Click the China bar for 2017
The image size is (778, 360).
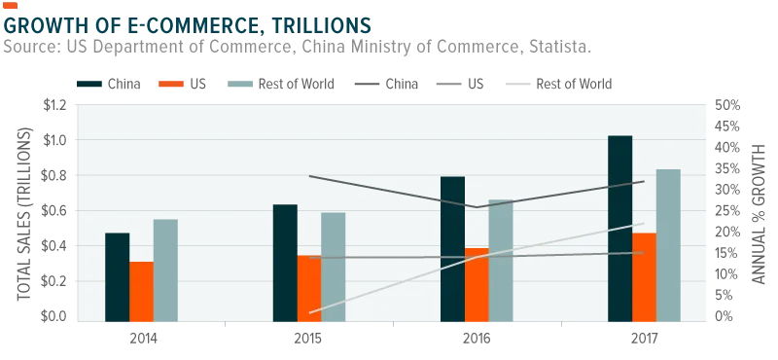pyautogui.click(x=619, y=229)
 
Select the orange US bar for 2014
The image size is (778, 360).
pyautogui.click(x=141, y=292)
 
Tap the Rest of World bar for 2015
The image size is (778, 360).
pyautogui.click(x=333, y=267)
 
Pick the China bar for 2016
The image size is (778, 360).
pyautogui.click(x=452, y=249)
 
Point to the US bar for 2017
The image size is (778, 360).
pyautogui.click(x=644, y=277)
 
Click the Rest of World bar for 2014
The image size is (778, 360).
pyautogui.click(x=165, y=270)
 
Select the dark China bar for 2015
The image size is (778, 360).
pyautogui.click(x=285, y=263)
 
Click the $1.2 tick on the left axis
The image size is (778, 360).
pyautogui.click(x=53, y=105)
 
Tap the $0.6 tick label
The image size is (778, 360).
pyautogui.click(x=53, y=211)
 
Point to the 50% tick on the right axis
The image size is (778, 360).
pyautogui.click(x=726, y=105)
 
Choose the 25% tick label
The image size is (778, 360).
pyautogui.click(x=726, y=211)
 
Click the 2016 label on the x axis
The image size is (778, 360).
pyautogui.click(x=477, y=340)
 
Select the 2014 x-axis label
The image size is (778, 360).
pyautogui.click(x=143, y=340)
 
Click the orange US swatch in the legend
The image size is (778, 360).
pyautogui.click(x=171, y=84)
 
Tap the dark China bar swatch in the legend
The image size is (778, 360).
pyautogui.click(x=89, y=84)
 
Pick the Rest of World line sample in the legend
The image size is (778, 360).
pyautogui.click(x=517, y=84)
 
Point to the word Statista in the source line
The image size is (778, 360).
pyautogui.click(x=558, y=48)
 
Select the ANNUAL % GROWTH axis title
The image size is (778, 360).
pyautogui.click(x=759, y=214)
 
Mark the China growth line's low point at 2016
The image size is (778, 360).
pyautogui.click(x=477, y=207)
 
